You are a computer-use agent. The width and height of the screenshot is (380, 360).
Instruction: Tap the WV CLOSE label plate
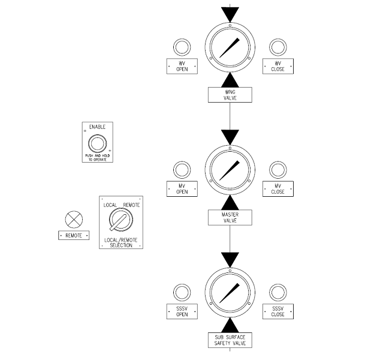tap(278, 66)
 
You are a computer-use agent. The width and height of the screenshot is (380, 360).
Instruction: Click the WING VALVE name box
tap(230, 94)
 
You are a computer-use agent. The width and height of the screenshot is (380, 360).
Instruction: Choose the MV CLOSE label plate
tap(278, 188)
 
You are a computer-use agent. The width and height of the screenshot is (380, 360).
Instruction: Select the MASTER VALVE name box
tap(230, 217)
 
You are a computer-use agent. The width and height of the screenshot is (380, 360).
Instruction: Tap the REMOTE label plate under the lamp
tap(74, 236)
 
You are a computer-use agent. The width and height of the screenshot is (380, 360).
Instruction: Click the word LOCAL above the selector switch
tap(110, 205)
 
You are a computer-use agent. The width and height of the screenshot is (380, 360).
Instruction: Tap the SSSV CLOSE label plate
tap(278, 311)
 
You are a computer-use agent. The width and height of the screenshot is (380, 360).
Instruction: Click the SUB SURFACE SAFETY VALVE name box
tap(230, 340)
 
